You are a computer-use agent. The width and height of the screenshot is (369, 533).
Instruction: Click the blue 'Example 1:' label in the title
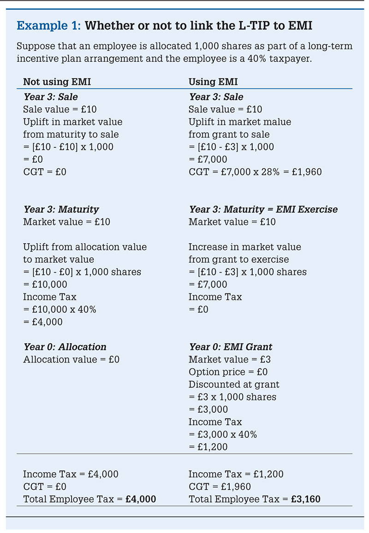[49, 26]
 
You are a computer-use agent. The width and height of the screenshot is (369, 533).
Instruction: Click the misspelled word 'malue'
[277, 122]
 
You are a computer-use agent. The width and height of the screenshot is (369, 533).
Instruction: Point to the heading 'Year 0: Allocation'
[65, 347]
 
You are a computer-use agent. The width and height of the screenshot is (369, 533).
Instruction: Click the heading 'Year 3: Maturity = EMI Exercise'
[263, 210]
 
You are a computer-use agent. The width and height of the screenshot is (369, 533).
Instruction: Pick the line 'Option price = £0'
[228, 372]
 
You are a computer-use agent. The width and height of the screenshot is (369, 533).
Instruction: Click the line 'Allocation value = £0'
[71, 359]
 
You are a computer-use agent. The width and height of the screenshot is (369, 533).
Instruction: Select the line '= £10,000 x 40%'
[60, 310]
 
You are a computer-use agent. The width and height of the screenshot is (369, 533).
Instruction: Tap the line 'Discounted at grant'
[234, 384]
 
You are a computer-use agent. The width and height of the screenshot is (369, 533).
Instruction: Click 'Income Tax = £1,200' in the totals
[236, 474]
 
